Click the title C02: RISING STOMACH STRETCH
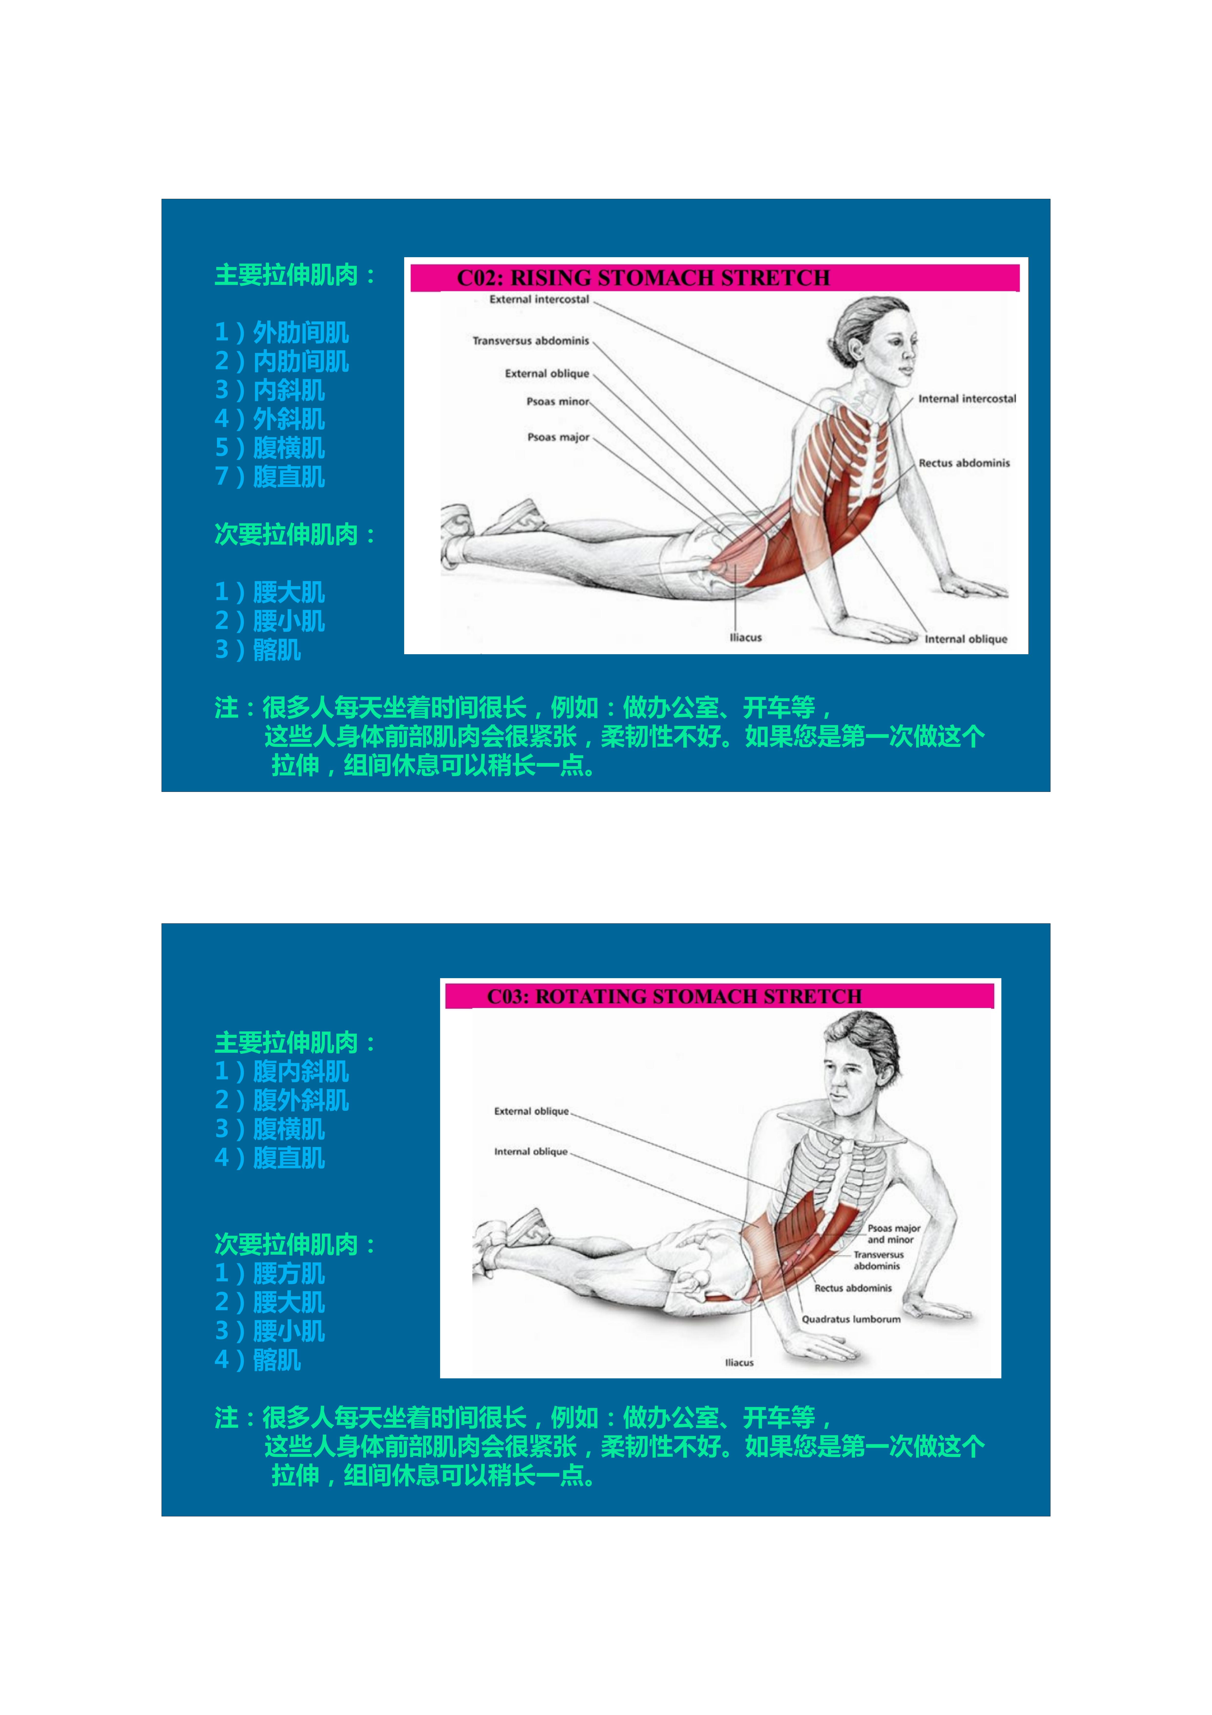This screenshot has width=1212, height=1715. (x=643, y=278)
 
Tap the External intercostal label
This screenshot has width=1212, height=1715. (x=539, y=299)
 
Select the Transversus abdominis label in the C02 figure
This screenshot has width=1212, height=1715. (x=530, y=341)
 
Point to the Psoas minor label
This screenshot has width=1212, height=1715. (x=557, y=401)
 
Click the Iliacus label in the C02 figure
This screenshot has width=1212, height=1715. (x=745, y=637)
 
